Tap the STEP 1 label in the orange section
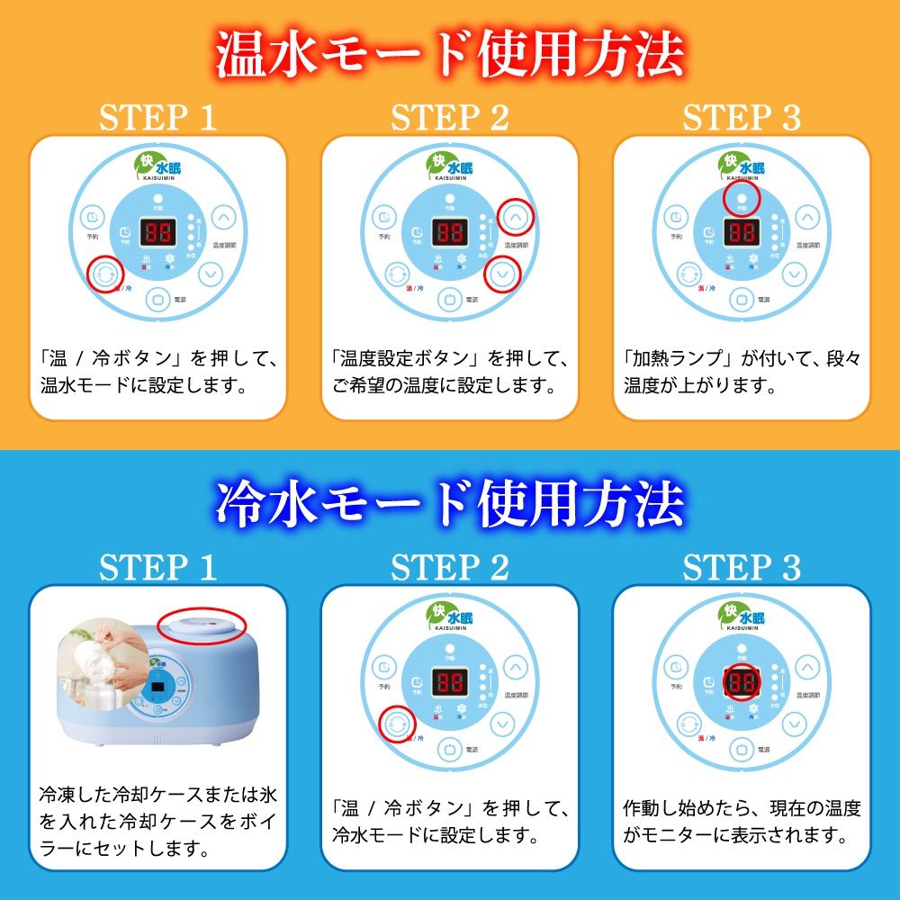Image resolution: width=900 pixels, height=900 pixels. coord(157,118)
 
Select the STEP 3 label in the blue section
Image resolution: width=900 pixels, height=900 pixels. coord(742,568)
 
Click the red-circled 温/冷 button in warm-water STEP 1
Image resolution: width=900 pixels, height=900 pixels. coord(104,274)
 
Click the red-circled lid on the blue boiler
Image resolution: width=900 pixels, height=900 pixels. coord(201,623)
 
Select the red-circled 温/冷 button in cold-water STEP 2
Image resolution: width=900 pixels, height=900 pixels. coord(397,723)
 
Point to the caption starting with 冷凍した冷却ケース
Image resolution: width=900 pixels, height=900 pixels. coord(157,822)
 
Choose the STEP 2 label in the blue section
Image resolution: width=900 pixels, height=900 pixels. coord(449,568)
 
